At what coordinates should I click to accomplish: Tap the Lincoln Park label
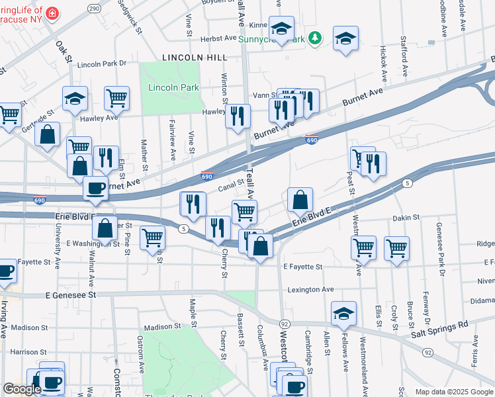tap(164, 87)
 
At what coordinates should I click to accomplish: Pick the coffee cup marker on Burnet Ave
tap(95, 188)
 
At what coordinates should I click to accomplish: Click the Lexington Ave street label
tap(310, 290)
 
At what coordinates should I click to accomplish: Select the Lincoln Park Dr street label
tap(101, 64)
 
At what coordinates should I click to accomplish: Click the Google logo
tap(22, 390)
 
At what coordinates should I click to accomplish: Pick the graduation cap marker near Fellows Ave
tap(343, 313)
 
